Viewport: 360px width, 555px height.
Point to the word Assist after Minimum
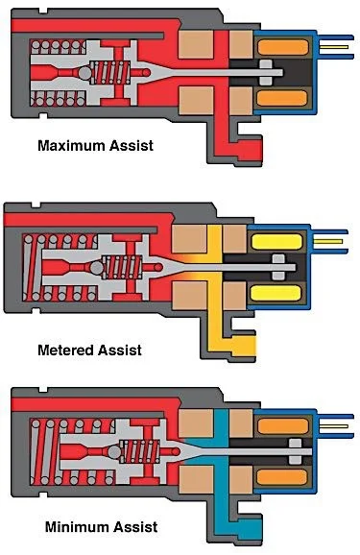coord(132,527)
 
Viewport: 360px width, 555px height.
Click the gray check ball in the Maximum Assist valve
coord(85,73)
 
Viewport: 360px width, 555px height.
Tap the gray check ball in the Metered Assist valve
coord(96,268)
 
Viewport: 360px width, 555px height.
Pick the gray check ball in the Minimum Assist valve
coord(114,452)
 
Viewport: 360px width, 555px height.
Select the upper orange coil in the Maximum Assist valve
coord(283,47)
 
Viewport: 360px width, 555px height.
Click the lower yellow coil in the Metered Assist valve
coord(276,293)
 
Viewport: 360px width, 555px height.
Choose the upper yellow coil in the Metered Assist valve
coord(276,242)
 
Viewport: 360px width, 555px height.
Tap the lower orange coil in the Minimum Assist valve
coord(282,477)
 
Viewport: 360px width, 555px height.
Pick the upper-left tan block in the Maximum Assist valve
coord(196,44)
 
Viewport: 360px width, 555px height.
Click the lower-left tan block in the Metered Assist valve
coord(189,296)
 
